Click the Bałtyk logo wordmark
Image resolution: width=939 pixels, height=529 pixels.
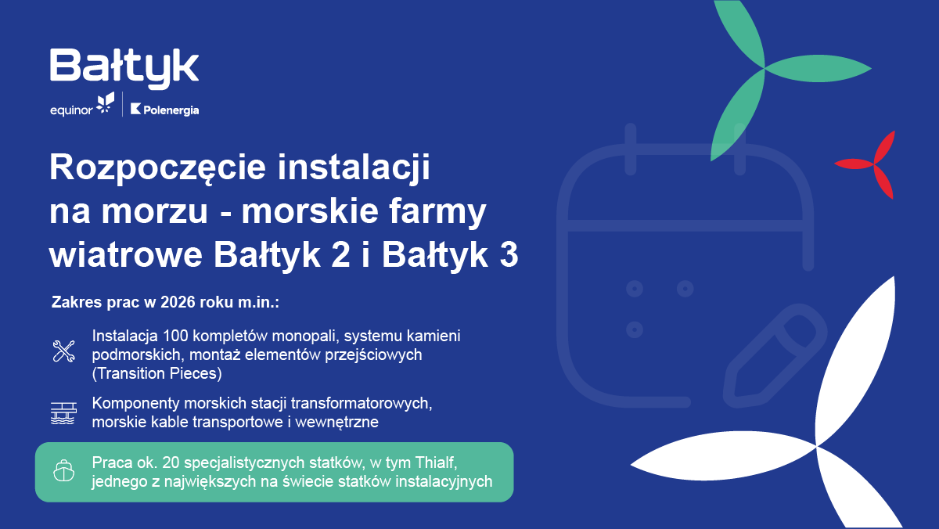tap(124, 67)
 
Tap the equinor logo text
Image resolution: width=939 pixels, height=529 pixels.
tap(70, 110)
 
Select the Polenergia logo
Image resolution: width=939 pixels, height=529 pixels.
tap(164, 110)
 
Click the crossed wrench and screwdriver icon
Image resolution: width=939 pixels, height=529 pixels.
tap(63, 351)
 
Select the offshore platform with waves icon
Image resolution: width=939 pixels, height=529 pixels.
tap(63, 413)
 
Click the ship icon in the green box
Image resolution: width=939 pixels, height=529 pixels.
tap(63, 470)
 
